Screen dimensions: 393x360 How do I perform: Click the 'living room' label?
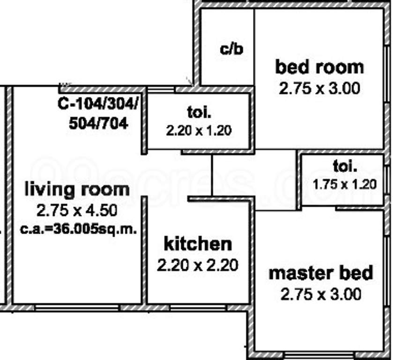click(x=77, y=189)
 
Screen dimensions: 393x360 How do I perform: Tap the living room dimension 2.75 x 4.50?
click(x=77, y=210)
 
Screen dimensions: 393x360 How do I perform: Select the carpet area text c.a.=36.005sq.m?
click(x=79, y=229)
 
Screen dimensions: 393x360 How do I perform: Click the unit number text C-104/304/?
click(x=98, y=103)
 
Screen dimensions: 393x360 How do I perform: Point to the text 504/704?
click(x=98, y=123)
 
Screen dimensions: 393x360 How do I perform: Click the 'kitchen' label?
click(x=198, y=244)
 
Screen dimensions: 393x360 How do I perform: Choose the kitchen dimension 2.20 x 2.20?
click(x=198, y=265)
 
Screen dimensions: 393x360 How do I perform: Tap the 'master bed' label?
click(x=321, y=273)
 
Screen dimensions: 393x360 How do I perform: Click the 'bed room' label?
click(x=319, y=67)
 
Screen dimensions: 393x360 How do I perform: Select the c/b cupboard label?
click(x=231, y=49)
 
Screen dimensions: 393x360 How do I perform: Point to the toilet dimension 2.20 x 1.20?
click(x=199, y=131)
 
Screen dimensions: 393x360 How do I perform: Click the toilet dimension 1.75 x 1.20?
click(x=345, y=184)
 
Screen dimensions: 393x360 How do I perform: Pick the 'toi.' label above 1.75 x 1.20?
click(x=345, y=166)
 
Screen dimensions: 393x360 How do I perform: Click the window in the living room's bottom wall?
click(x=77, y=307)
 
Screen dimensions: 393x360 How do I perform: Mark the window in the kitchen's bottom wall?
click(x=198, y=307)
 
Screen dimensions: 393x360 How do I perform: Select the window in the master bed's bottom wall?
click(x=319, y=355)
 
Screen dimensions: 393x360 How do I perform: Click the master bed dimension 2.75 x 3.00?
click(x=321, y=294)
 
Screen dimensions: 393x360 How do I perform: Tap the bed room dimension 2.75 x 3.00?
click(x=319, y=89)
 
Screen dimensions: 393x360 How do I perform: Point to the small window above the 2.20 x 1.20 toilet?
click(x=161, y=89)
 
